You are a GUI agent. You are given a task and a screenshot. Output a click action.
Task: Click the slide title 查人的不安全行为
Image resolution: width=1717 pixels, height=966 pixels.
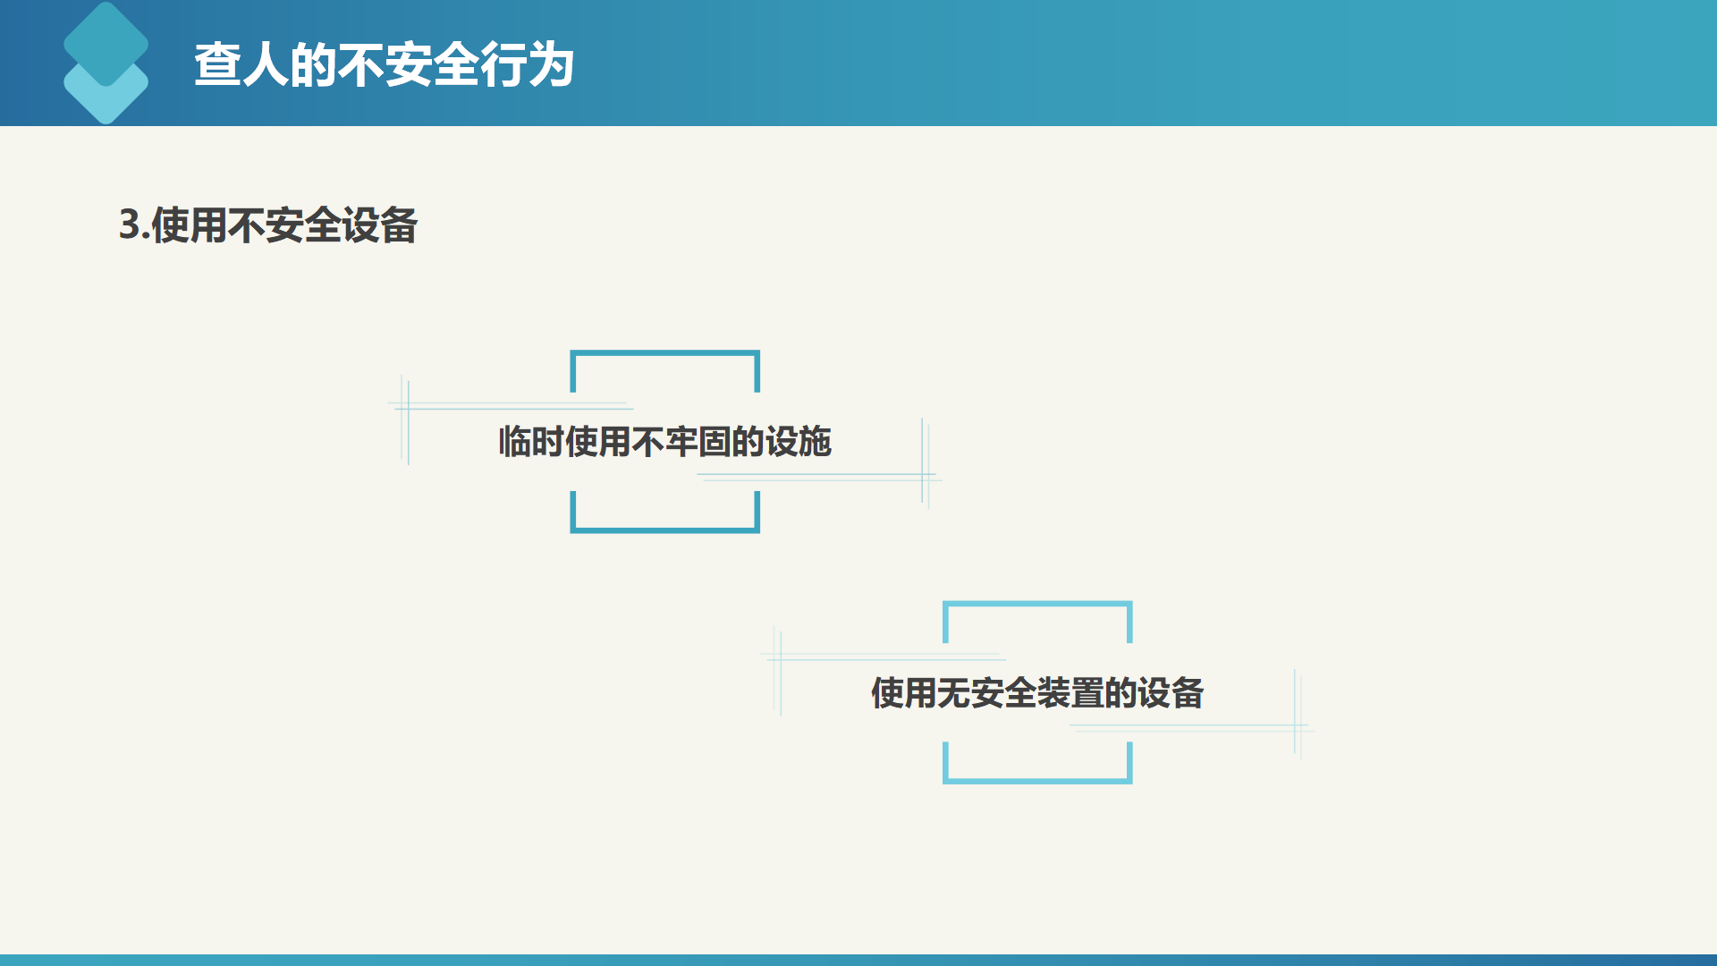pos(385,65)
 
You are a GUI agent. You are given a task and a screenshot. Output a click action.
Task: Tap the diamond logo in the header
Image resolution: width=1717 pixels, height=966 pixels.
pos(106,63)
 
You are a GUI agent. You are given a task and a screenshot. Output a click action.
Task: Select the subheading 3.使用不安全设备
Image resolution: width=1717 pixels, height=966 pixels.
pos(268,225)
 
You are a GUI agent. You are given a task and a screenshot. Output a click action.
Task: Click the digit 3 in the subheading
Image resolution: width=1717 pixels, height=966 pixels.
pos(130,225)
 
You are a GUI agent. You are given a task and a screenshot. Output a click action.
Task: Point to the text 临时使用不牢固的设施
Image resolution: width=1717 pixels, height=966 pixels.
pos(665,442)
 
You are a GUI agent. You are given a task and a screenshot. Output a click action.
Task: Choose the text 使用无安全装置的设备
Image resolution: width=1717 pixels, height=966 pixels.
pos(1037,693)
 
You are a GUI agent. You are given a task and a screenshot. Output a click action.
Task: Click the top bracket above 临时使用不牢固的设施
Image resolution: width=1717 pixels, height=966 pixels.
pos(665,353)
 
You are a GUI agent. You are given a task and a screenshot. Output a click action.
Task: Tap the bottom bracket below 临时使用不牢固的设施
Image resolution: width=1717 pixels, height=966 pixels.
pos(665,530)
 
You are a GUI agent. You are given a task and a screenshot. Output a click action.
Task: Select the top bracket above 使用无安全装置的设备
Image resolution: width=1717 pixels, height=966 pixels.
pos(1037,605)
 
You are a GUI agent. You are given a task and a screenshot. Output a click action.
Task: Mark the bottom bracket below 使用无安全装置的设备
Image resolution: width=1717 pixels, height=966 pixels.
pos(1037,781)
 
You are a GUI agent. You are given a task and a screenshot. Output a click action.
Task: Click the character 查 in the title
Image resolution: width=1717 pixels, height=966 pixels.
pos(217,65)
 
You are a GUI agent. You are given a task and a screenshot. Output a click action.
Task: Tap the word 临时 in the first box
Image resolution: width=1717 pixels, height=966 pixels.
pos(531,442)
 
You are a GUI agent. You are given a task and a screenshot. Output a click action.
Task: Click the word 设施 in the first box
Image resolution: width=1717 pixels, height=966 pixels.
pos(799,442)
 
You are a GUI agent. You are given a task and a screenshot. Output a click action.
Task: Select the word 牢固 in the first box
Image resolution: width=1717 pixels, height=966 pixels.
pos(698,442)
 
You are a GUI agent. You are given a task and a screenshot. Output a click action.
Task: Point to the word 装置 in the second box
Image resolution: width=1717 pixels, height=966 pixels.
pos(1070,693)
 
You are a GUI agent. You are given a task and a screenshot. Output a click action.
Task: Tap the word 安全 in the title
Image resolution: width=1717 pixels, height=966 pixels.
pos(433,65)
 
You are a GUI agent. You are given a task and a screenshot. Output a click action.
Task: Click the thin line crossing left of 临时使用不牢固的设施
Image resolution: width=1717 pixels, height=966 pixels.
pos(408,407)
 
